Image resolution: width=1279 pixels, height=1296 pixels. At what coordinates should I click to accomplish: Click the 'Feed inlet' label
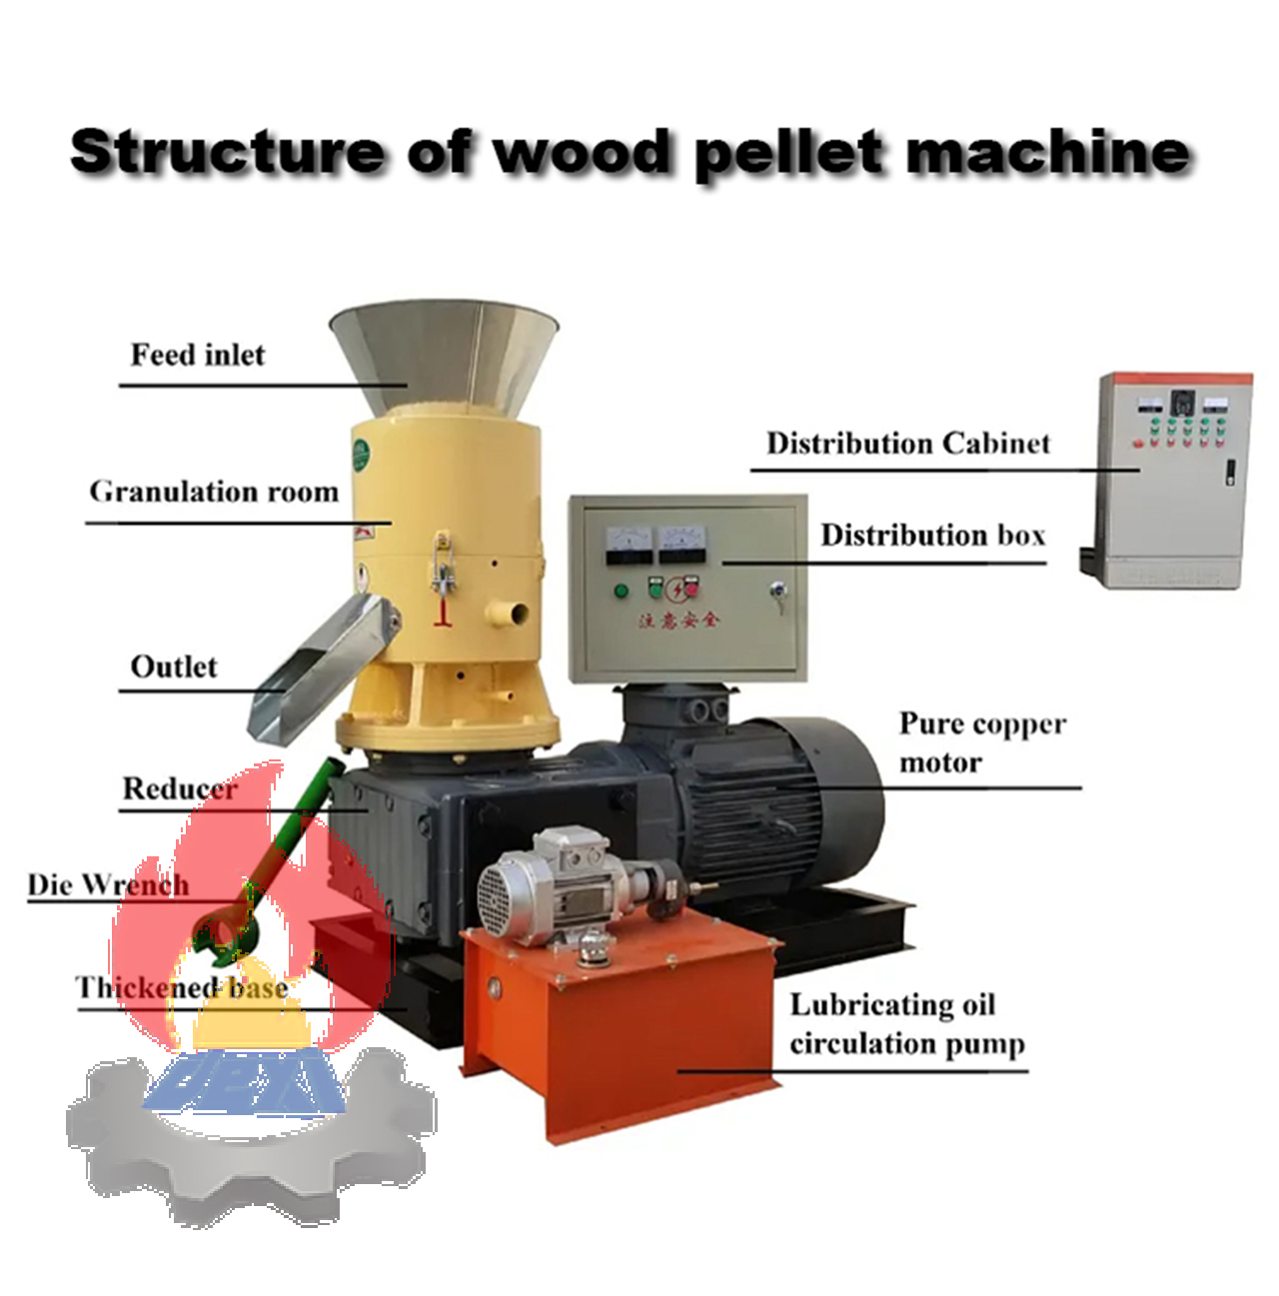pos(198,355)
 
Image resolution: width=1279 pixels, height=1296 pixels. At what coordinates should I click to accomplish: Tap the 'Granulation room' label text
pos(214,492)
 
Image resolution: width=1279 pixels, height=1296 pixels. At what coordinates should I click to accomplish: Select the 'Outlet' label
pos(174,666)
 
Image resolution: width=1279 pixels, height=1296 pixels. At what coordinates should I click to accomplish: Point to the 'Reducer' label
pos(180,788)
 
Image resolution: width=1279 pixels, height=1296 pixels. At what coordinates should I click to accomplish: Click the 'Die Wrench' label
pos(108,884)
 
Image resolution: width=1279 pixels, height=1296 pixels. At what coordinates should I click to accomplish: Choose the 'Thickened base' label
pos(182,987)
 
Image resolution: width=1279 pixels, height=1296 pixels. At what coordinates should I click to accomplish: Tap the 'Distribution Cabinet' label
pos(907,443)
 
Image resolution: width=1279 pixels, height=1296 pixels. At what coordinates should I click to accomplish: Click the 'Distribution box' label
pos(932,535)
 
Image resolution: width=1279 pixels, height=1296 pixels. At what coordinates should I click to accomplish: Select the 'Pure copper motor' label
pos(981,742)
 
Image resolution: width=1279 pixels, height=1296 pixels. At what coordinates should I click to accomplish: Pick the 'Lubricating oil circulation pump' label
pos(905,1023)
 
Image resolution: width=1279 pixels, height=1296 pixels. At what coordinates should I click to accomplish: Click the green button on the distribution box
pos(622,590)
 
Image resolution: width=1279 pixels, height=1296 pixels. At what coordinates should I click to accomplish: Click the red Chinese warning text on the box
pos(679,620)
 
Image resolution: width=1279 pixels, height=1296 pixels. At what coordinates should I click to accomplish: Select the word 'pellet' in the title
pos(788,152)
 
